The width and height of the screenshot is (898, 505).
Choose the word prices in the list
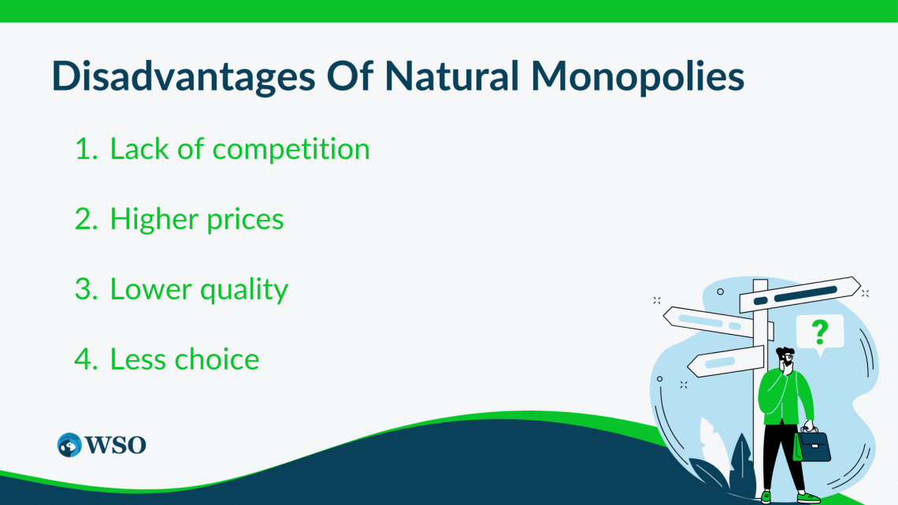pyautogui.click(x=245, y=220)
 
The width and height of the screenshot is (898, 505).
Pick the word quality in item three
pyautogui.click(x=243, y=290)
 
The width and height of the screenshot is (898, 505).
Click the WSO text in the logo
pyautogui.click(x=117, y=444)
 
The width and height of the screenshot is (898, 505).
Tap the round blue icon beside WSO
pyautogui.click(x=69, y=444)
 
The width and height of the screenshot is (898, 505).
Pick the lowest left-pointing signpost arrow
pyautogui.click(x=725, y=362)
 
